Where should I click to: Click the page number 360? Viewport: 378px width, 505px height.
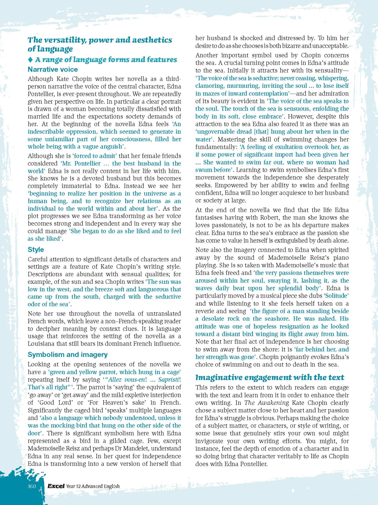tap(32, 486)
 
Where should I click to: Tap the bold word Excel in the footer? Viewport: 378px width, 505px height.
tap(56, 486)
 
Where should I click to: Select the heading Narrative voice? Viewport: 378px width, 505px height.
tap(53, 69)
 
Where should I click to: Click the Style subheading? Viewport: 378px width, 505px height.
tap(36, 249)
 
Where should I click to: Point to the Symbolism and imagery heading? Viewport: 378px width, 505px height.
tap(68, 354)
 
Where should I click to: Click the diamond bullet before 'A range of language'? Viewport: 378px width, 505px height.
tap(30, 60)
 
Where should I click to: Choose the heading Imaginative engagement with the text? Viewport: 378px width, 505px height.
tap(270, 377)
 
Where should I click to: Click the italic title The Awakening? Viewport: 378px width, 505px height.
tap(266, 403)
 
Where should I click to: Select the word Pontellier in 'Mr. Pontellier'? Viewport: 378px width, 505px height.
tap(88, 163)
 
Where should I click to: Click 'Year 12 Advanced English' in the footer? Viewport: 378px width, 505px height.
tap(93, 486)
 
